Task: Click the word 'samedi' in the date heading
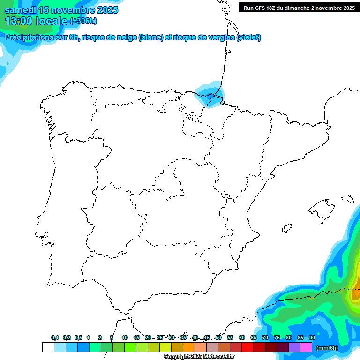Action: [21, 10]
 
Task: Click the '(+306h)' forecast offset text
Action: [83, 21]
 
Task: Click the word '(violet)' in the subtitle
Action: [248, 37]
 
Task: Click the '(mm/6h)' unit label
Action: [327, 348]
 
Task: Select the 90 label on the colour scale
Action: [312, 338]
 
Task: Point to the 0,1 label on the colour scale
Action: [55, 338]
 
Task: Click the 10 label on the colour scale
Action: [124, 338]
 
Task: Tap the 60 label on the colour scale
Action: [242, 338]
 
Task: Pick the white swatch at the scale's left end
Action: [48, 347]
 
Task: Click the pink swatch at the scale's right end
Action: [306, 347]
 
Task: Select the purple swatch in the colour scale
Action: [294, 347]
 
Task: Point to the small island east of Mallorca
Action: [347, 199]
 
